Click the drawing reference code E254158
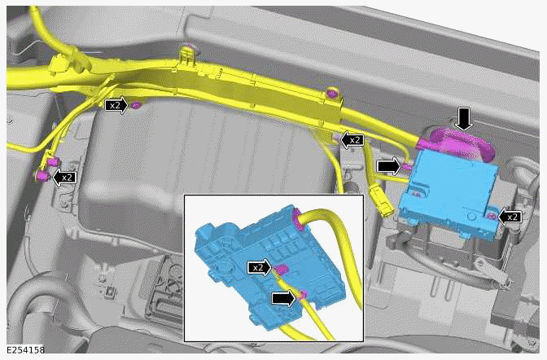click(24, 351)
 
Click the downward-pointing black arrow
click(463, 119)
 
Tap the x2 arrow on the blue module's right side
click(510, 217)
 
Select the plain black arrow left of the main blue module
click(390, 166)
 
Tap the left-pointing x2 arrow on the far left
click(63, 176)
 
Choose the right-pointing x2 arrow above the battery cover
click(118, 105)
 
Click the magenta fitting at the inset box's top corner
click(296, 215)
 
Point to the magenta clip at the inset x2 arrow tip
click(281, 270)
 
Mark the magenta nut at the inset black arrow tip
click(302, 294)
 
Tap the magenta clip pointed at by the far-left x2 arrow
click(42, 174)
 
